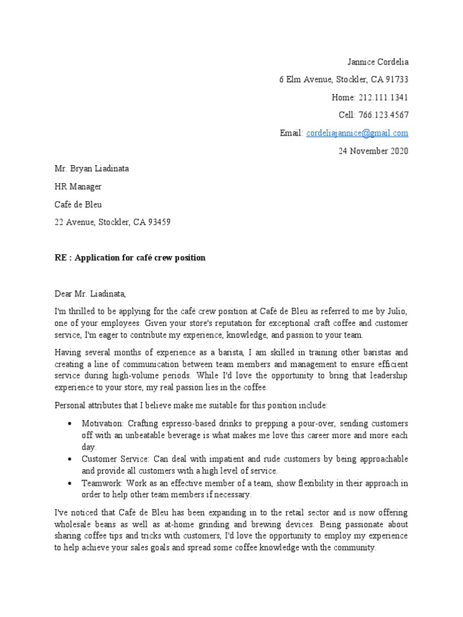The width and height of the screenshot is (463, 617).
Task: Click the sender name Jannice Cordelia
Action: pyautogui.click(x=378, y=62)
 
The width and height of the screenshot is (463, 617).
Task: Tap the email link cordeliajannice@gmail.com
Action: pyautogui.click(x=357, y=133)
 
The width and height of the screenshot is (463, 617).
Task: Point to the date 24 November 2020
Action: pyautogui.click(x=373, y=151)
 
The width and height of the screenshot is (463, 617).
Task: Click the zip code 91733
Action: pyautogui.click(x=396, y=80)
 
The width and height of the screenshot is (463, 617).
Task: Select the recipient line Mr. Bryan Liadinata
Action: pyautogui.click(x=92, y=169)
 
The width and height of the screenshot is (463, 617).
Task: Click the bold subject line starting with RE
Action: pyautogui.click(x=130, y=258)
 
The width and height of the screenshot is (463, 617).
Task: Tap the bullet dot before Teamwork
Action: pyautogui.click(x=72, y=484)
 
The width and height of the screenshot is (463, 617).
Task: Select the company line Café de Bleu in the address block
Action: pyautogui.click(x=78, y=204)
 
